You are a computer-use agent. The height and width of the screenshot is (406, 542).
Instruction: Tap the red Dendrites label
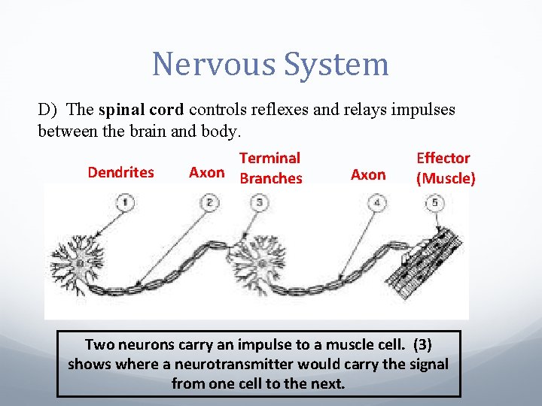click(120, 172)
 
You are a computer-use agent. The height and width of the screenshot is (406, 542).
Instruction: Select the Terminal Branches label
click(269, 168)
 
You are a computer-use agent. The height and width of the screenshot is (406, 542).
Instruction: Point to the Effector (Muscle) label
click(445, 168)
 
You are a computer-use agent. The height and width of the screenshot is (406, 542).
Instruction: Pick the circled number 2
click(211, 201)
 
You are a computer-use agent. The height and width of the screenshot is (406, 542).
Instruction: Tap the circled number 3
click(260, 201)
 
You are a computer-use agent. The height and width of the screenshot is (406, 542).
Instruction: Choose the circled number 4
click(378, 201)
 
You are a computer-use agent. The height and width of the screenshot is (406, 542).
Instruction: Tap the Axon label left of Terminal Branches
click(206, 172)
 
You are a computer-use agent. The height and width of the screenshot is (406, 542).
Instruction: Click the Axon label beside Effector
click(368, 174)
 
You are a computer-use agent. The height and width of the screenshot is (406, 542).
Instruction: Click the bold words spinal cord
click(141, 109)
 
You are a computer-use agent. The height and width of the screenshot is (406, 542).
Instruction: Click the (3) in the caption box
click(422, 344)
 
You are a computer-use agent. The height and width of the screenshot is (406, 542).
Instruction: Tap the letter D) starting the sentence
click(48, 109)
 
